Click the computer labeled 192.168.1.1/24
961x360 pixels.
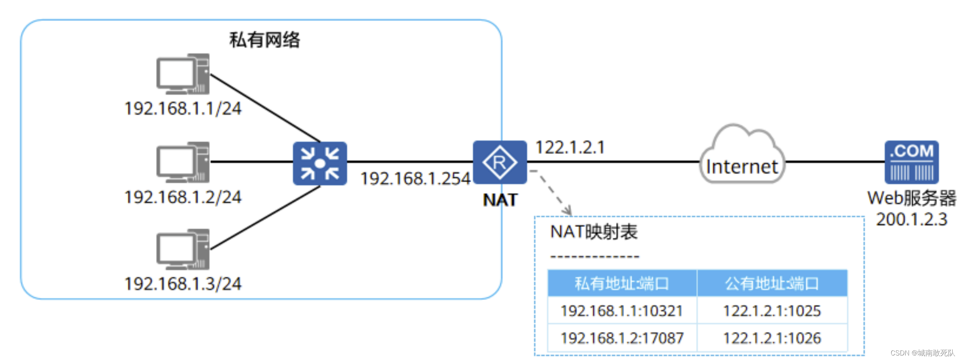(183, 74)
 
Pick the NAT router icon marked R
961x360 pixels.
(499, 162)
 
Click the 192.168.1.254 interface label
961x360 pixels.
(415, 178)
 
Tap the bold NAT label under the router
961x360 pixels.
(500, 200)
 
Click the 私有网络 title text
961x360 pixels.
(264, 40)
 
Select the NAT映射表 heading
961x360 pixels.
(593, 232)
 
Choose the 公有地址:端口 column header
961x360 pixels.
(771, 283)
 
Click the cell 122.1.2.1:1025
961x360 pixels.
(771, 311)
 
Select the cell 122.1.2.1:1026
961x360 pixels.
(771, 338)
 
